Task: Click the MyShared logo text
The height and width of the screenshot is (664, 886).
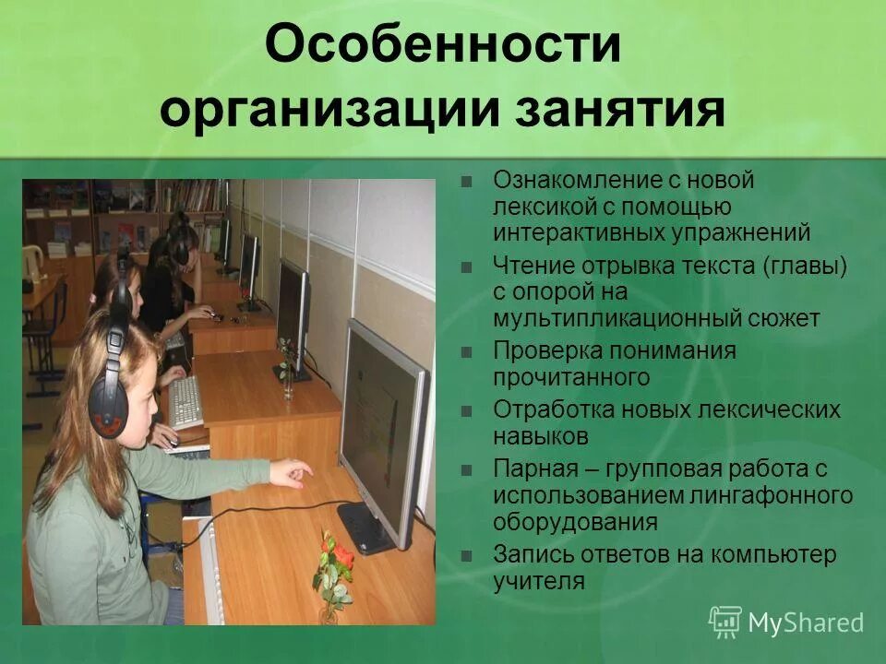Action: click(806, 622)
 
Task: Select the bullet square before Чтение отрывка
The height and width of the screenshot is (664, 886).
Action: click(467, 267)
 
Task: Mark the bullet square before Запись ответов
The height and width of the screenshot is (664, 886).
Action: click(467, 556)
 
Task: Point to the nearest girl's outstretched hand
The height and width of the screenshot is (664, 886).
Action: click(293, 474)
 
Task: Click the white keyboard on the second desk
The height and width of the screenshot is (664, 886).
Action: click(185, 401)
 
